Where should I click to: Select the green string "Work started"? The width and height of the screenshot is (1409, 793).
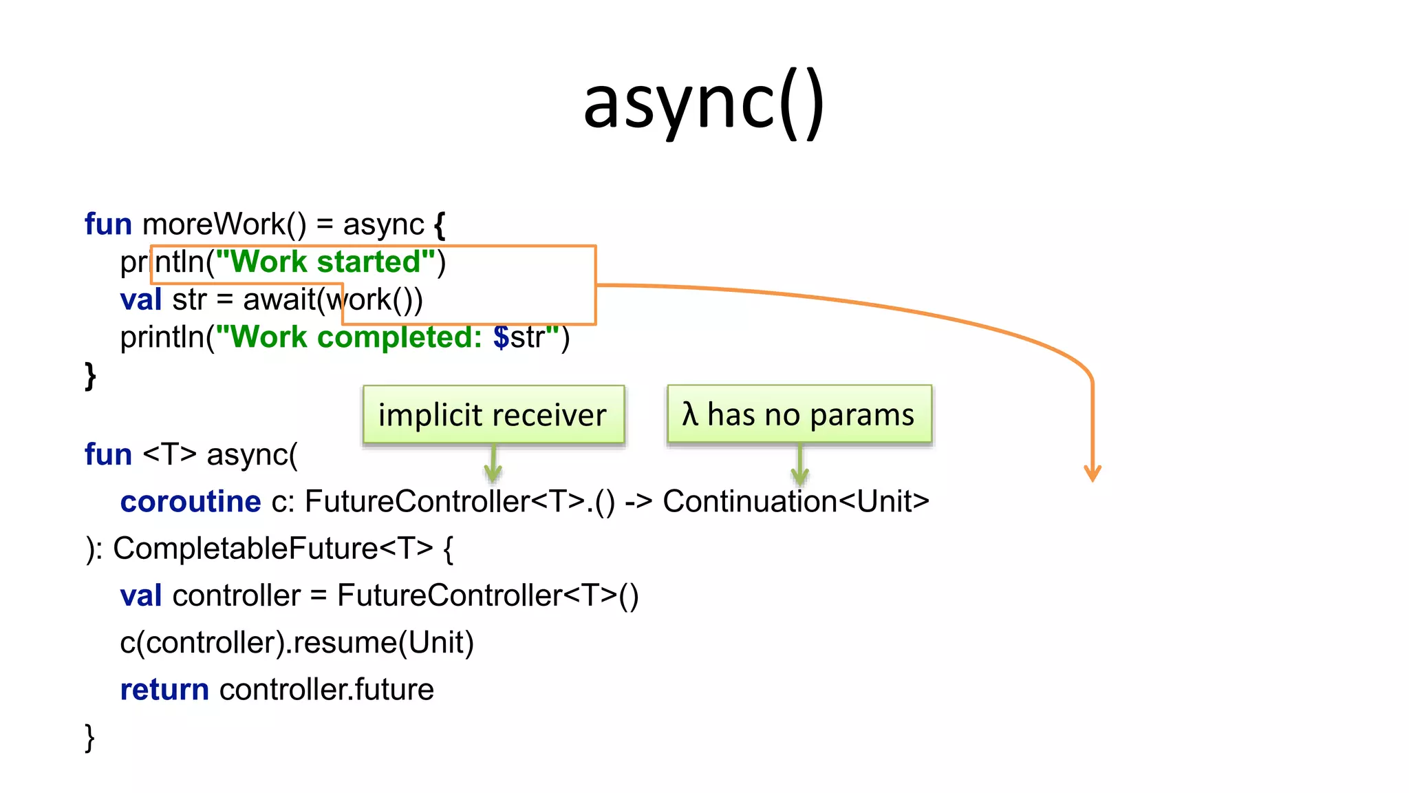[x=325, y=262]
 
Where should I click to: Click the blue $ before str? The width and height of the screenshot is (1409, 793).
[x=501, y=337]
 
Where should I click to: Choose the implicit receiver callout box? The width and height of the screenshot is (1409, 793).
[x=493, y=414]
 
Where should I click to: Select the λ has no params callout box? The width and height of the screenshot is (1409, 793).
[x=799, y=414]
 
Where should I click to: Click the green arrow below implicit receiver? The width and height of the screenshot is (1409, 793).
[x=493, y=465]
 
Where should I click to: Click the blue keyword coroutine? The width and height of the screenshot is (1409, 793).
[x=191, y=501]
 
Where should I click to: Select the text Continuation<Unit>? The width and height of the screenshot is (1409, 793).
[x=795, y=501]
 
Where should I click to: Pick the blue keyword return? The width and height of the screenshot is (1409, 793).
[x=164, y=690]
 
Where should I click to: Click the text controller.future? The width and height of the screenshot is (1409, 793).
[x=327, y=690]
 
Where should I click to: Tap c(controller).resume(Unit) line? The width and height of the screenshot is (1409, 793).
[x=297, y=643]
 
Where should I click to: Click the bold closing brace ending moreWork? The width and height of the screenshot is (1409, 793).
[x=90, y=376]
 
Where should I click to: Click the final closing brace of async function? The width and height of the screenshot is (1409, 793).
[x=89, y=738]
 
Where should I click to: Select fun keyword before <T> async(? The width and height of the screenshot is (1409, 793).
[x=108, y=455]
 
